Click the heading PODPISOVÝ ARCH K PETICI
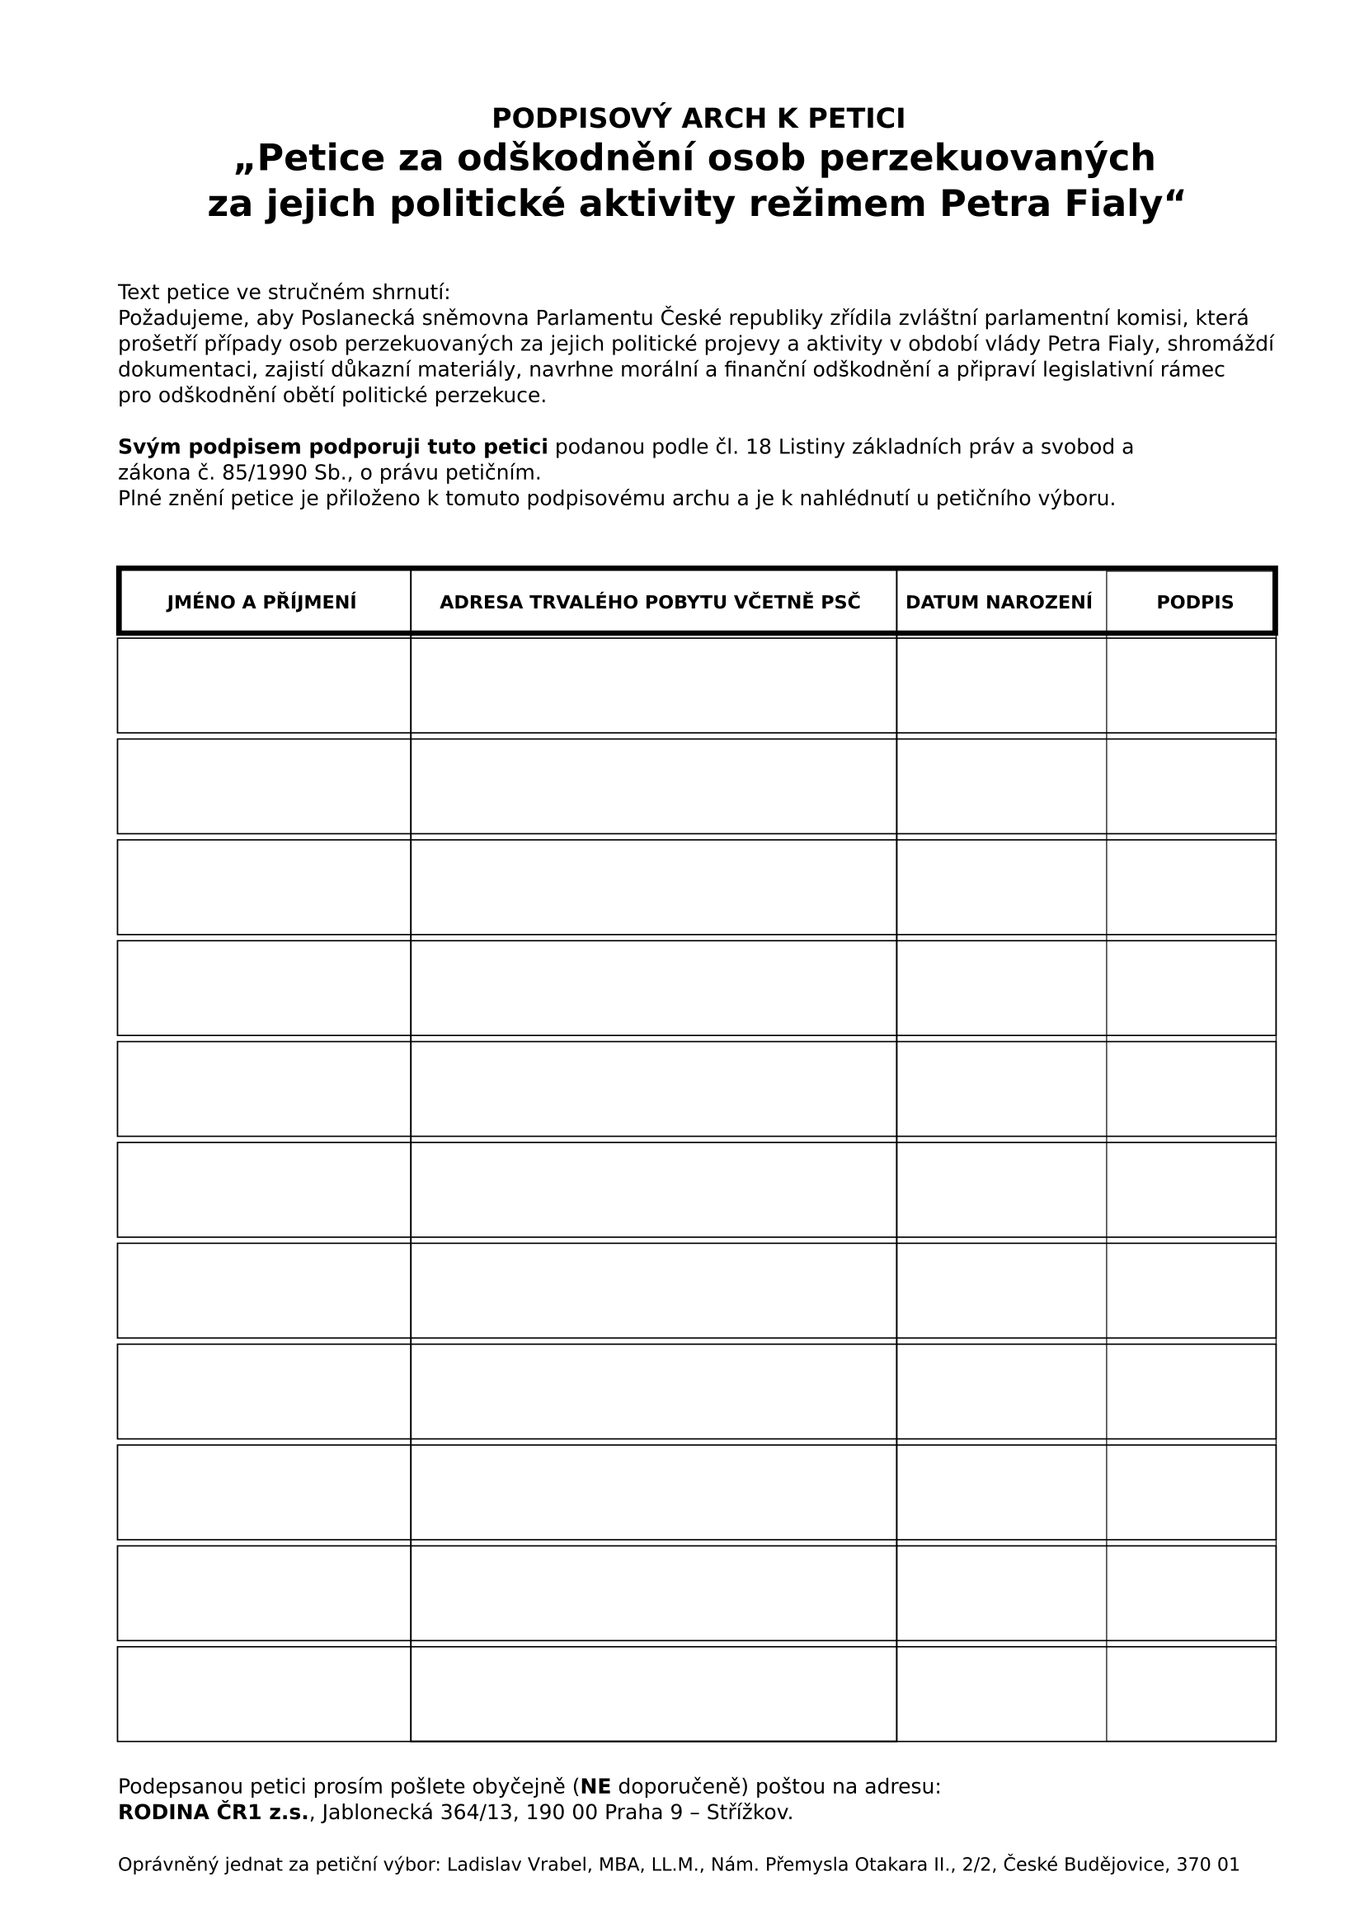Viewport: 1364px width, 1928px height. [698, 119]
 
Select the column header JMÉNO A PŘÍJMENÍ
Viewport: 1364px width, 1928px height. [261, 602]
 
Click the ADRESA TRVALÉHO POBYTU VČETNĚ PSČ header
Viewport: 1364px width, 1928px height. [650, 602]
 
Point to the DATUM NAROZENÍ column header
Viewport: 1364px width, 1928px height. [999, 602]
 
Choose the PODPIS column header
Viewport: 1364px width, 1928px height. [1194, 602]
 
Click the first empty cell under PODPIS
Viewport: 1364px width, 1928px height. [1190, 685]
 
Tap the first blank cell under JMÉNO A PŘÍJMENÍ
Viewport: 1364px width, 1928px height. [264, 685]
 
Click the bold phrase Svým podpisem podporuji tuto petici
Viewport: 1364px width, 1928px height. [332, 447]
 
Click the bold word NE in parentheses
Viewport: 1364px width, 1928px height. [595, 1786]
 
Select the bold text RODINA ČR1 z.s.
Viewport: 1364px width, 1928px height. [214, 1812]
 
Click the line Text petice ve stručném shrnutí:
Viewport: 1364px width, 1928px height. [284, 293]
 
